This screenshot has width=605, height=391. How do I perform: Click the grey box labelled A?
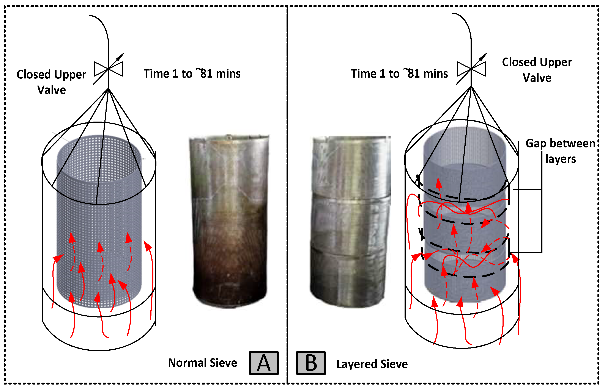point(264,363)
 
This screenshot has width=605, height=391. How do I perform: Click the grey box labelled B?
point(311,363)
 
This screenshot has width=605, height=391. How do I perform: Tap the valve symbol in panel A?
point(109,69)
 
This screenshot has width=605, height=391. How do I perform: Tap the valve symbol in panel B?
point(471,69)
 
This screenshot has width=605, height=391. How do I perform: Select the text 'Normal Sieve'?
point(203,363)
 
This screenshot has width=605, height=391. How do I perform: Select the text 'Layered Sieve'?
point(372,364)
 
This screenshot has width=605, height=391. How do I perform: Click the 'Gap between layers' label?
point(560,151)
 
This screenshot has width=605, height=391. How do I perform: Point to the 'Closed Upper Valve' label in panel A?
point(51,82)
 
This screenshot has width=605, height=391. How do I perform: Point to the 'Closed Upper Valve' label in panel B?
point(537,70)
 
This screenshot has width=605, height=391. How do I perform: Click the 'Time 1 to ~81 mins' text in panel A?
point(192,74)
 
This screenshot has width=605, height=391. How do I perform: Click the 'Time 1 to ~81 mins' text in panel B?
point(399,74)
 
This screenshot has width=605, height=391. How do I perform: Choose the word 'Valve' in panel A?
point(52,90)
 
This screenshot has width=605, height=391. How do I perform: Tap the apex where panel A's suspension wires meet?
point(109,89)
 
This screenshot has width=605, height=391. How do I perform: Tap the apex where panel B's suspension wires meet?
point(471,86)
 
